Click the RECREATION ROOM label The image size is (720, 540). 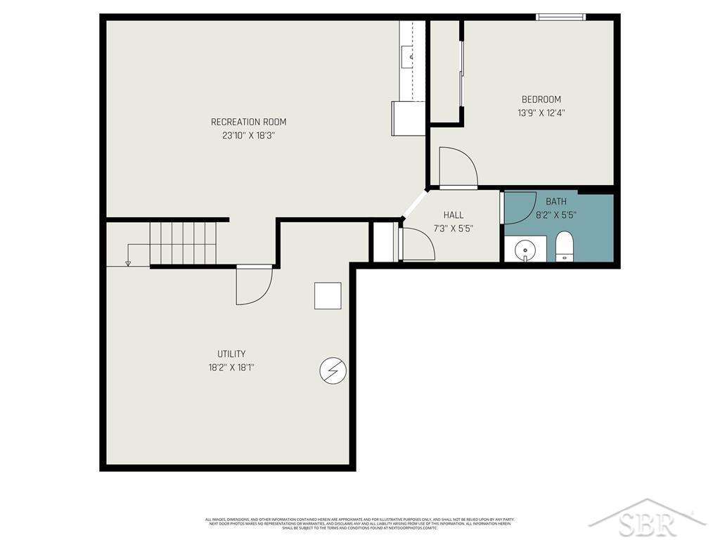tap(248, 122)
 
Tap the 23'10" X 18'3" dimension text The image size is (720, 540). tap(248, 135)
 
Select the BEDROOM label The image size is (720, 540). tap(541, 99)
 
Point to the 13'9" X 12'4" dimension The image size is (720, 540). tap(541, 112)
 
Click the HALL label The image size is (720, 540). tap(454, 215)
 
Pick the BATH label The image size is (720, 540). tap(555, 202)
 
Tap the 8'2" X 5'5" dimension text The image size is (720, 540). tap(555, 215)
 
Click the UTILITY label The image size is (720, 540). tap(231, 354)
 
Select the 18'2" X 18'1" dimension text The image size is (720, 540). tap(231, 367)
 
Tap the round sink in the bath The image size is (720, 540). tap(525, 249)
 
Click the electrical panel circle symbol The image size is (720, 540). tap(333, 370)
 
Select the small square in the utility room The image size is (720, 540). tap(328, 295)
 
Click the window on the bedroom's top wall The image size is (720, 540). tap(560, 17)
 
